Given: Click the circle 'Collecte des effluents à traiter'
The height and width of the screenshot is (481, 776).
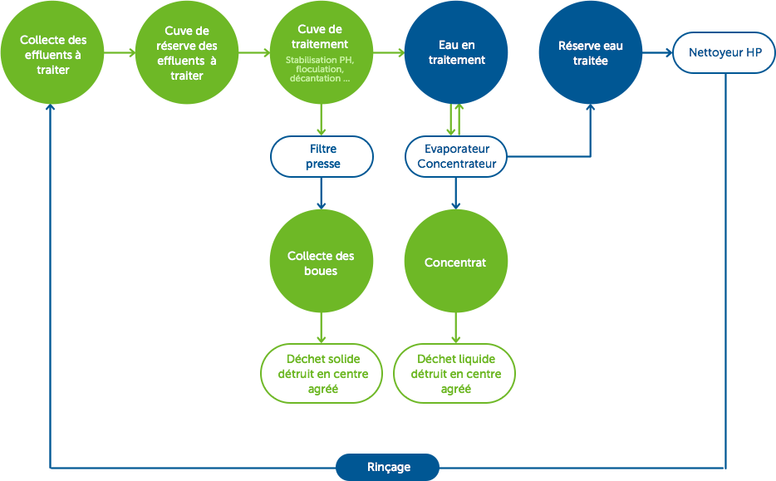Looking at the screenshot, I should [52, 54].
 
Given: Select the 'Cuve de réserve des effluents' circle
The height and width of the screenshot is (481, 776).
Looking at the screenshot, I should [186, 54].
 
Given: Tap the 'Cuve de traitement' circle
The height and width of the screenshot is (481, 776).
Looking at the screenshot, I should [321, 54].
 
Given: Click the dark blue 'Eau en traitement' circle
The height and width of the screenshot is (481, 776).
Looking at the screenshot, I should [455, 54].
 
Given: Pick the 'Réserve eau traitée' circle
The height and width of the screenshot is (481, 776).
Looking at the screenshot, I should [590, 54].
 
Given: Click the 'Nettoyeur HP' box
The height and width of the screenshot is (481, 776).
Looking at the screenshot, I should [725, 53].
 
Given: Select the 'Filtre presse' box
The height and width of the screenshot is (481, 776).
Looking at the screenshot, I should [322, 156].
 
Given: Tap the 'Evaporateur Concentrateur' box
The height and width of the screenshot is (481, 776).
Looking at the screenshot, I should [456, 156].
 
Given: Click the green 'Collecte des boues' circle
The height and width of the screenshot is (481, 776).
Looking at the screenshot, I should [322, 263].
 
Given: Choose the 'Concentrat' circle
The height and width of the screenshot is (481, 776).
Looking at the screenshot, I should [455, 263].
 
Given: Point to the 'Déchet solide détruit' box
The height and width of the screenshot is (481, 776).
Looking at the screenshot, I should [322, 374].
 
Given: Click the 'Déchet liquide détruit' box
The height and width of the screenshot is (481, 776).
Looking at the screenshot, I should [455, 374].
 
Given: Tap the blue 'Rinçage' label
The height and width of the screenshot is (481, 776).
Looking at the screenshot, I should [388, 467].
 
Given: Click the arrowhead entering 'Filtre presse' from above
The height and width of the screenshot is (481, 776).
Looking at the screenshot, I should [322, 132].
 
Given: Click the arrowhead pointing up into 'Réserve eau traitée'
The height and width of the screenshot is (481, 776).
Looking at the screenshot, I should [590, 108].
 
